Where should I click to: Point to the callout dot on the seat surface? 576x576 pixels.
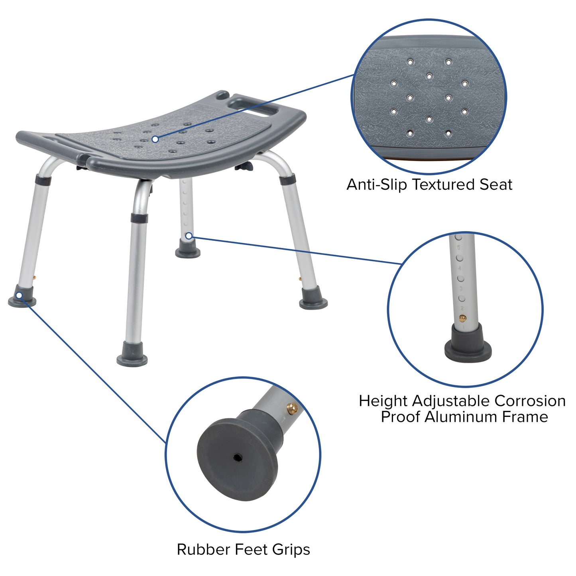(155, 139)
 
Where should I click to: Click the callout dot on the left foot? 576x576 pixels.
(19, 295)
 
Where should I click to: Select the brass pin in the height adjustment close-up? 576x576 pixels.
(462, 318)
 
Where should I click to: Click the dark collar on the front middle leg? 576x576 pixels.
(139, 218)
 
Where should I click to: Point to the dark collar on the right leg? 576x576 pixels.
(287, 180)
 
